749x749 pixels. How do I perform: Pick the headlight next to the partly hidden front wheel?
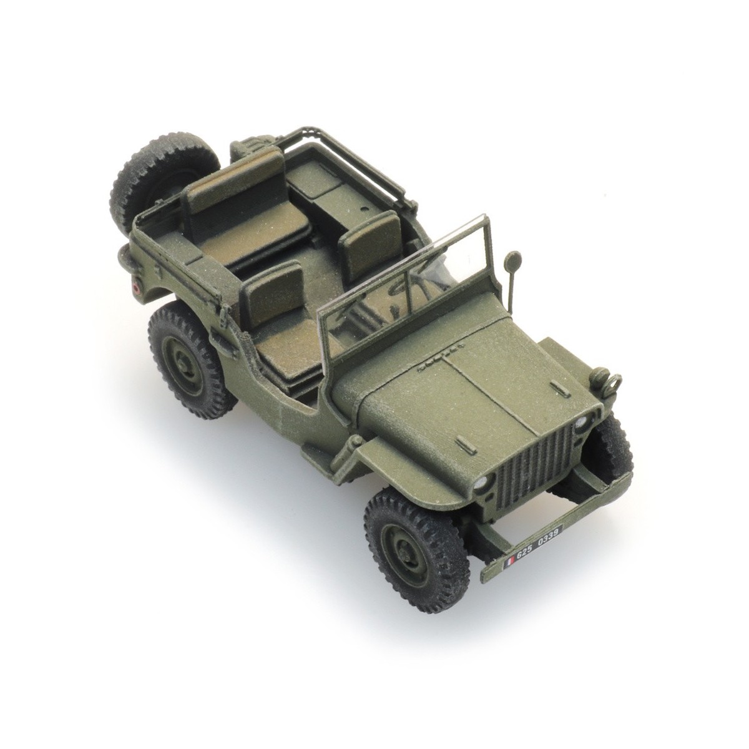(582, 422)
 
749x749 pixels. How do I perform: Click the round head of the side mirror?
(515, 257)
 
